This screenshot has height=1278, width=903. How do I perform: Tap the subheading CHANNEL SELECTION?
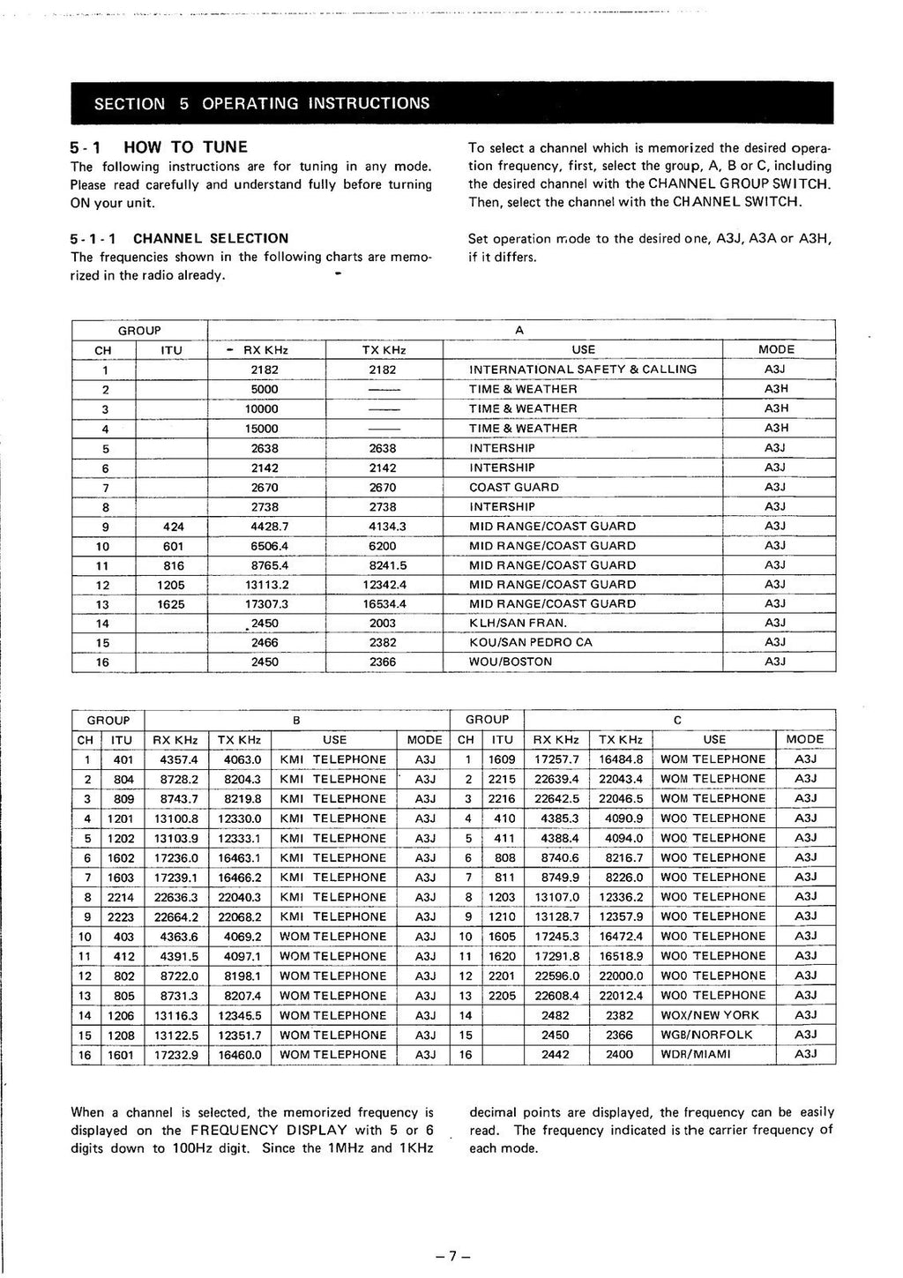[x=210, y=238]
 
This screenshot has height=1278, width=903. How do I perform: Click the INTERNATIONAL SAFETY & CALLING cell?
[x=583, y=370]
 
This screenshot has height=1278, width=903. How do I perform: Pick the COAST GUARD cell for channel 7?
[x=513, y=487]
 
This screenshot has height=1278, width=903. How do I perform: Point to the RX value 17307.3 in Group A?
[x=265, y=604]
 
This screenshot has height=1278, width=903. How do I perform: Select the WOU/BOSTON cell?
[x=511, y=661]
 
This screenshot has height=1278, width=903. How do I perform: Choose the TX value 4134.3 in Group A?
[x=382, y=526]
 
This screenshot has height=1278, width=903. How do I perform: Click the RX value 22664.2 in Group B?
[x=176, y=916]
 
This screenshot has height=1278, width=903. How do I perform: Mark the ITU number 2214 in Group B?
[x=121, y=897]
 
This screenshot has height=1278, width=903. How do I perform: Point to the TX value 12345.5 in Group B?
[x=240, y=1015]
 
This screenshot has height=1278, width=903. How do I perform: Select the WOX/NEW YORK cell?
[x=709, y=1015]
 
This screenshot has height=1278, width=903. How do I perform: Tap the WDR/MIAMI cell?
[x=696, y=1054]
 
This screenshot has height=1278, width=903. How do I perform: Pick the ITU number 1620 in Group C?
[x=503, y=956]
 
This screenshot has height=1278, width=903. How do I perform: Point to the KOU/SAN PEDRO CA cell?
[x=531, y=642]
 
